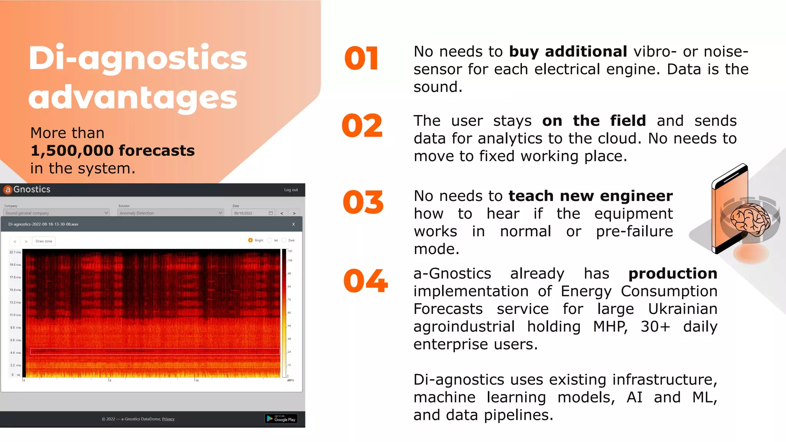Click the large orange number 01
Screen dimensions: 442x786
click(x=361, y=58)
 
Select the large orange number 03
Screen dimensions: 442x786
click(x=363, y=202)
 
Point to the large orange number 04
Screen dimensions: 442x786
click(x=365, y=280)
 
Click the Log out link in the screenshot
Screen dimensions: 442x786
click(x=291, y=190)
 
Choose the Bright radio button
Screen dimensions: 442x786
click(x=250, y=240)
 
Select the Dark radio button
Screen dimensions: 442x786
click(x=284, y=240)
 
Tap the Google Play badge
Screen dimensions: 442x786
click(x=281, y=419)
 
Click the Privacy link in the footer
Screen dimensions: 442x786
click(x=168, y=419)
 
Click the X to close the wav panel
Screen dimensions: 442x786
click(x=294, y=224)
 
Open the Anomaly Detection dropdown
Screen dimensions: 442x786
click(x=170, y=213)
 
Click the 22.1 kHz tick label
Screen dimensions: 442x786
click(x=15, y=252)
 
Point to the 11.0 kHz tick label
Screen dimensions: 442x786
click(x=15, y=315)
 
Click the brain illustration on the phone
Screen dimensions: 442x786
click(x=750, y=219)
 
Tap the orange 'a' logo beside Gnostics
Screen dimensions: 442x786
click(x=8, y=190)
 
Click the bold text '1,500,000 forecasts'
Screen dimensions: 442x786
click(x=112, y=150)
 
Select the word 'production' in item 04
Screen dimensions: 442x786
click(x=672, y=274)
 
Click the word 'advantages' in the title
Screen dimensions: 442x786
click(x=133, y=97)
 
